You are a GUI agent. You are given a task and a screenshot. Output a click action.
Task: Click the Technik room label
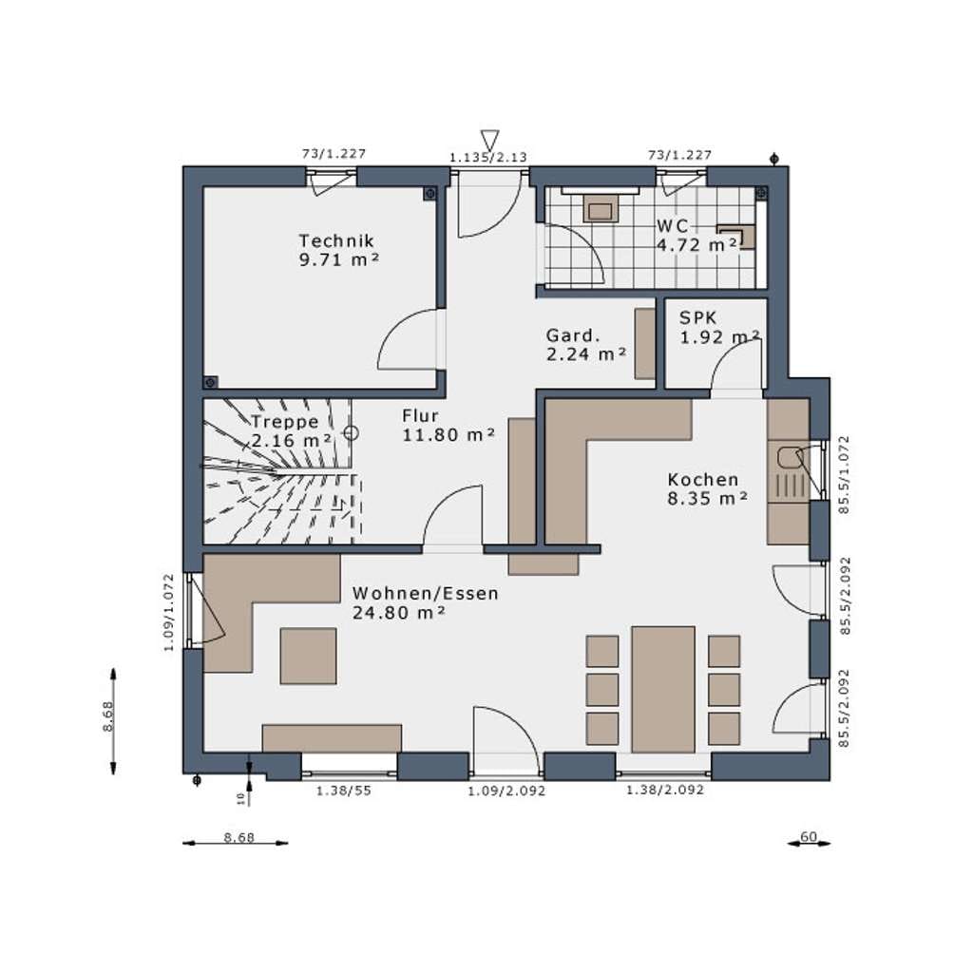coord(336,240)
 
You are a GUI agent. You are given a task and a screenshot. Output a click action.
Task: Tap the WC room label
coord(672,226)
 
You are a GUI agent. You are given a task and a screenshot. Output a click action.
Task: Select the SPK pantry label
coord(697,317)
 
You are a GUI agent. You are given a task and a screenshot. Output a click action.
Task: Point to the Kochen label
coord(703,480)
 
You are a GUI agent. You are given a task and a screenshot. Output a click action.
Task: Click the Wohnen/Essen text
coord(425,593)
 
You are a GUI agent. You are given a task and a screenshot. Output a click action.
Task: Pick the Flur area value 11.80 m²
coord(448,435)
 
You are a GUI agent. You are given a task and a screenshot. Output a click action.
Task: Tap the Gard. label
coord(573,335)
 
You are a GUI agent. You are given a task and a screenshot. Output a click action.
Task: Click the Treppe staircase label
coord(285,422)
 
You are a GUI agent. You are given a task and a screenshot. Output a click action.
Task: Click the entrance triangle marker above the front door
coord(489,139)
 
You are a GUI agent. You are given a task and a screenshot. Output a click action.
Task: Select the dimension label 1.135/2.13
coord(488,157)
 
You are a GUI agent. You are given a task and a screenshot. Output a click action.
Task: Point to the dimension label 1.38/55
coord(344,791)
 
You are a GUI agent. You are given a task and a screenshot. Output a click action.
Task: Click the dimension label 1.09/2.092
coord(506,791)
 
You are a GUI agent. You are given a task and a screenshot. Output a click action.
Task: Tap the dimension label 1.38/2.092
coord(665,790)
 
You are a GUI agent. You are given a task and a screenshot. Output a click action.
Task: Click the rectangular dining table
coord(662,690)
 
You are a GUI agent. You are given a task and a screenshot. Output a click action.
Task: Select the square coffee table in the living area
coord(309,656)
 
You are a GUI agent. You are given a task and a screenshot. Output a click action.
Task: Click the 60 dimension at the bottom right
coord(809,837)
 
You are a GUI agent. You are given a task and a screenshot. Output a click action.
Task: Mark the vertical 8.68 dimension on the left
coord(108,716)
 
